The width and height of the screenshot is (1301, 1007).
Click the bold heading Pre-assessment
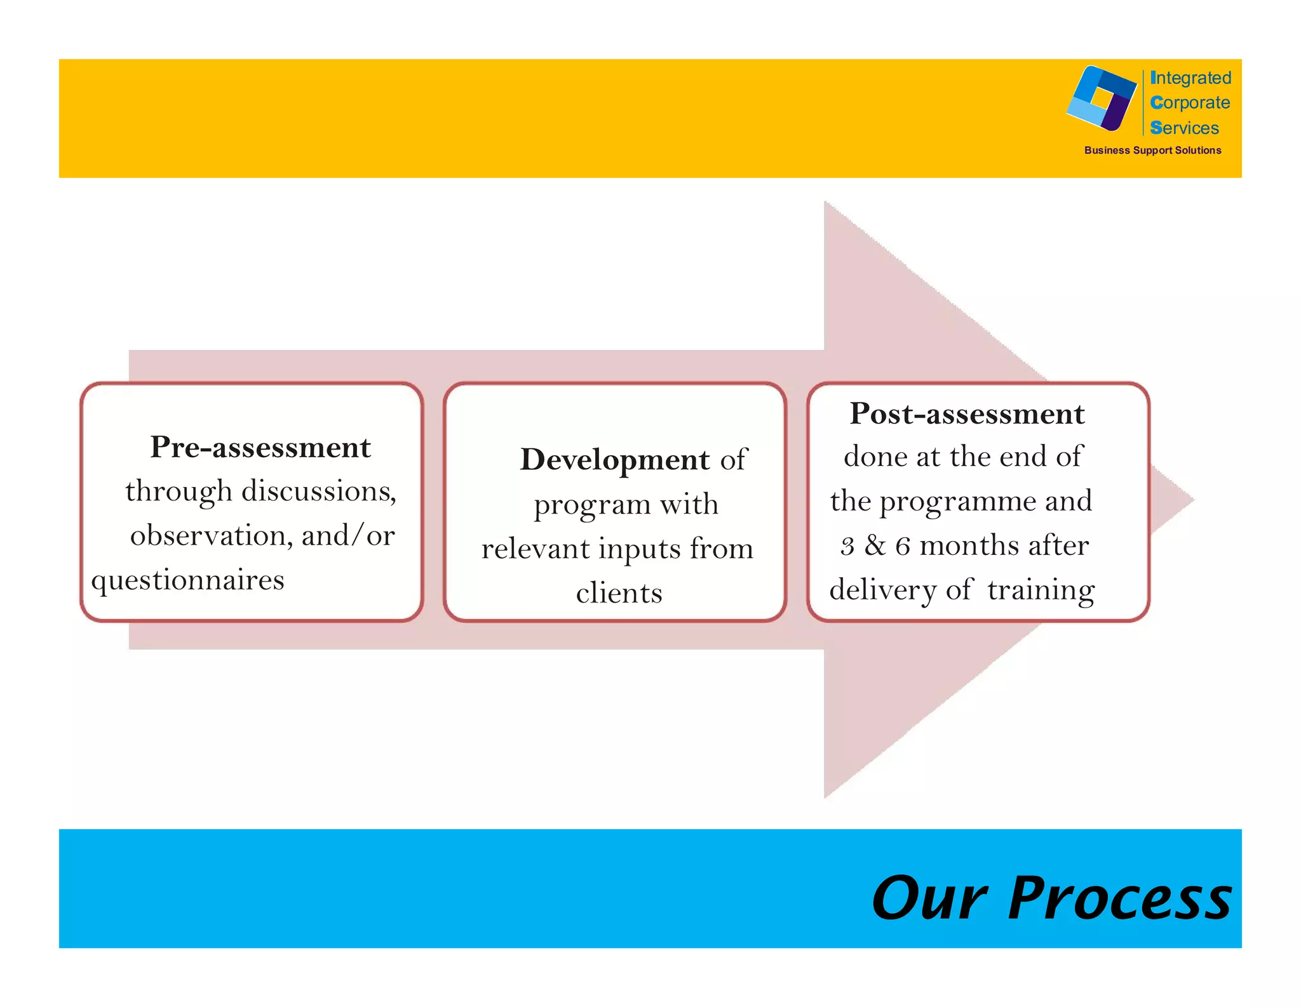point(260,448)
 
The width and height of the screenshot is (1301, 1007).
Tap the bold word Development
point(614,460)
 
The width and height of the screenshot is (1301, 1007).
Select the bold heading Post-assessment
point(967,414)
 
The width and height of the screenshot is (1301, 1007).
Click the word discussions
point(319,491)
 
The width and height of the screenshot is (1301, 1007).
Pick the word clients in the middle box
point(619,593)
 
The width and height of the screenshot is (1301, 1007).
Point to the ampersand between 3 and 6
point(875,546)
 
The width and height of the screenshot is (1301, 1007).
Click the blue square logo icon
point(1102,98)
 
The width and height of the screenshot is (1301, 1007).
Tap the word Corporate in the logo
point(1190,103)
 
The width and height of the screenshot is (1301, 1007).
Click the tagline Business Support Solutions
point(1152,150)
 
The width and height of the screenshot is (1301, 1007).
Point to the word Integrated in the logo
point(1190,78)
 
